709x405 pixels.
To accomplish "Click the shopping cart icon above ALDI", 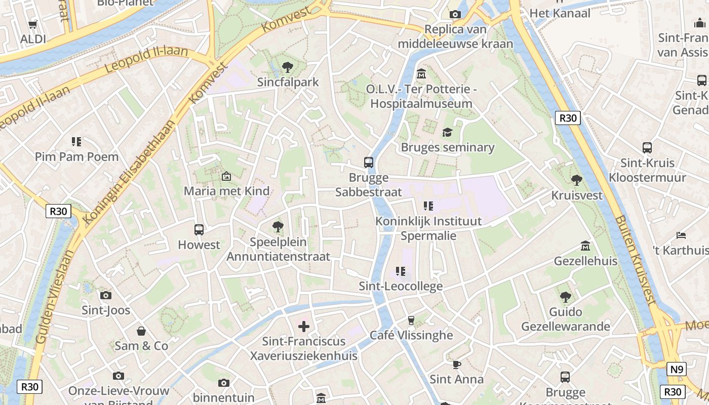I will (x=33, y=24).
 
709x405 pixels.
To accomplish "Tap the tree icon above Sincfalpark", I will (x=287, y=67).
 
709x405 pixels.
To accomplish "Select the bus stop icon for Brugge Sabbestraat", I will (x=369, y=163).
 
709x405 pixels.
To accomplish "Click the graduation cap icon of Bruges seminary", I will (x=447, y=133).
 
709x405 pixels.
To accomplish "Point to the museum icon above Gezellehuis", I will (x=585, y=246).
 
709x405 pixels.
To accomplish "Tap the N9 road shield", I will (x=676, y=369).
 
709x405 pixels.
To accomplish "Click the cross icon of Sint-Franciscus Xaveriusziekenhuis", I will (x=304, y=327).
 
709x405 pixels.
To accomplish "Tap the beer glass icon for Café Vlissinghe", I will (x=411, y=320).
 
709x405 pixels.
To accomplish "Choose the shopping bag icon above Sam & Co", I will (x=141, y=331).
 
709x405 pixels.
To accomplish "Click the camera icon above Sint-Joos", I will (x=106, y=295).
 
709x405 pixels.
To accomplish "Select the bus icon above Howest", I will (x=199, y=230).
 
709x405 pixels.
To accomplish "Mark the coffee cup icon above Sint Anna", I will (x=456, y=364).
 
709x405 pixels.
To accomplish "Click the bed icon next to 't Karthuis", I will (x=681, y=235).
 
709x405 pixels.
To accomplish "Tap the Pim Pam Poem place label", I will (x=76, y=156).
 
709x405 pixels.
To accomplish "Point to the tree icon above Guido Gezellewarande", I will (x=566, y=297).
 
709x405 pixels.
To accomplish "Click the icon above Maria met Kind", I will (x=226, y=176).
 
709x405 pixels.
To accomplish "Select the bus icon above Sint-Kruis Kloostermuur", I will (x=647, y=148).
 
